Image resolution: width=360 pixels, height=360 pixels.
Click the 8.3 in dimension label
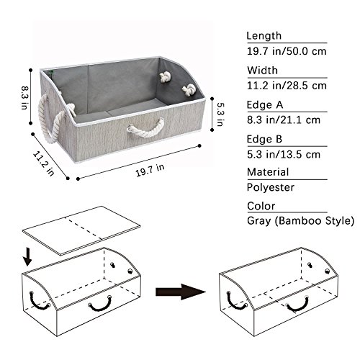click(24, 98)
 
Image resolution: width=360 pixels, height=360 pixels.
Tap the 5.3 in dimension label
click(220, 114)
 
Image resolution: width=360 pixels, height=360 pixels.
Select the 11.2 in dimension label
click(43, 163)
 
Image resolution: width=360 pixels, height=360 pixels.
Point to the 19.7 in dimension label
click(150, 170)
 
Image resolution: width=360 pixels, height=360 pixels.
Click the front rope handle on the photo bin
click(146, 128)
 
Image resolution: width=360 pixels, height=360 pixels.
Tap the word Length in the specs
click(264, 36)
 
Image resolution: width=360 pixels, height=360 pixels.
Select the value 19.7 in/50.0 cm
click(287, 51)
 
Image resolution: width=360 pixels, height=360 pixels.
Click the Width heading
click(263, 71)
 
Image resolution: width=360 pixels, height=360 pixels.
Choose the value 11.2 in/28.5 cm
click(287, 86)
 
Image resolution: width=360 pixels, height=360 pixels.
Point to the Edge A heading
click(265, 105)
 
